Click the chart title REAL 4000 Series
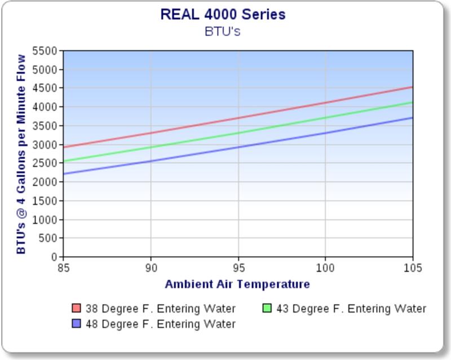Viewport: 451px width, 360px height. [223, 14]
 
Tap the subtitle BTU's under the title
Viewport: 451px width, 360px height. [223, 31]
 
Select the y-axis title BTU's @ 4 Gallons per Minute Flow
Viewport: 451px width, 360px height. [21, 154]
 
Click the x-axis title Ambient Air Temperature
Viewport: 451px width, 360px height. [237, 284]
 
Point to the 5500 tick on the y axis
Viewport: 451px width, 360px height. [47, 51]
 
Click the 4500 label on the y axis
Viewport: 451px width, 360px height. [47, 89]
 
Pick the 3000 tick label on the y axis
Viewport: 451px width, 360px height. [47, 145]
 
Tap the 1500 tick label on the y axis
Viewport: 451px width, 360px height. [47, 201]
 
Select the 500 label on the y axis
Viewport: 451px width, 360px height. [50, 238]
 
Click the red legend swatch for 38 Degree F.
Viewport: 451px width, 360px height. [77, 309]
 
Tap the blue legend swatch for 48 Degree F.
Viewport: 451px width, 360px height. [77, 324]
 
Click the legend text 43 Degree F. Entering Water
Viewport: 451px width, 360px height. [351, 309]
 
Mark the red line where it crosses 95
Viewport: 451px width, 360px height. [238, 118]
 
